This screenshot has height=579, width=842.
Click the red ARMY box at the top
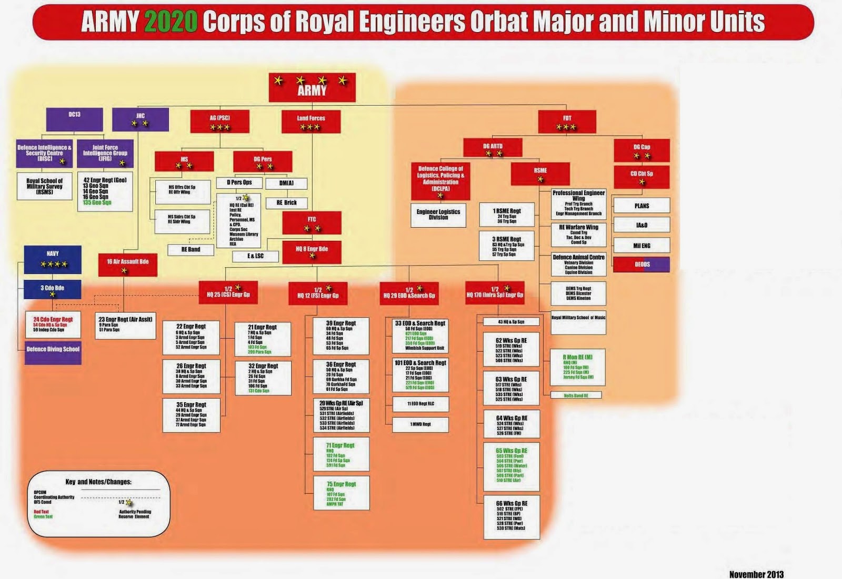pyautogui.click(x=312, y=87)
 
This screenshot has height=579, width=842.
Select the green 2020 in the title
pyautogui.click(x=171, y=22)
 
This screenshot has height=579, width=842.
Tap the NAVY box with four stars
pyautogui.click(x=53, y=259)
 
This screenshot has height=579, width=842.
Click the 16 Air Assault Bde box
pyautogui.click(x=128, y=265)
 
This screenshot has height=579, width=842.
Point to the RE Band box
pyautogui.click(x=191, y=250)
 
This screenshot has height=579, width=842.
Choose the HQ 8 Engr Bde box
pyautogui.click(x=312, y=252)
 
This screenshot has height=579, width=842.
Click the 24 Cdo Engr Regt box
pyautogui.click(x=53, y=324)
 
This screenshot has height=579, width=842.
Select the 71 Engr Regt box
pyautogui.click(x=341, y=454)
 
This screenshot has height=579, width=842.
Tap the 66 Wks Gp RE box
pyautogui.click(x=511, y=516)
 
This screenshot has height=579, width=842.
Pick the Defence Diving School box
pyautogui.click(x=53, y=351)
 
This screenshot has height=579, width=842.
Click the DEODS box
pyautogui.click(x=641, y=265)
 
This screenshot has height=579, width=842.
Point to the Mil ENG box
pyautogui.click(x=641, y=246)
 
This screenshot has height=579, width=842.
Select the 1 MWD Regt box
pyautogui.click(x=420, y=424)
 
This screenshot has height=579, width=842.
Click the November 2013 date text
pyautogui.click(x=756, y=574)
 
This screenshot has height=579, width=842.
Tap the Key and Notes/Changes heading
pyautogui.click(x=98, y=482)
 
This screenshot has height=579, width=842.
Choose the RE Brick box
pyautogui.click(x=287, y=202)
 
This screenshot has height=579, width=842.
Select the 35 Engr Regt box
pyautogui.click(x=192, y=415)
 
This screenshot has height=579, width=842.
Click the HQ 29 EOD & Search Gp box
pyautogui.click(x=409, y=293)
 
